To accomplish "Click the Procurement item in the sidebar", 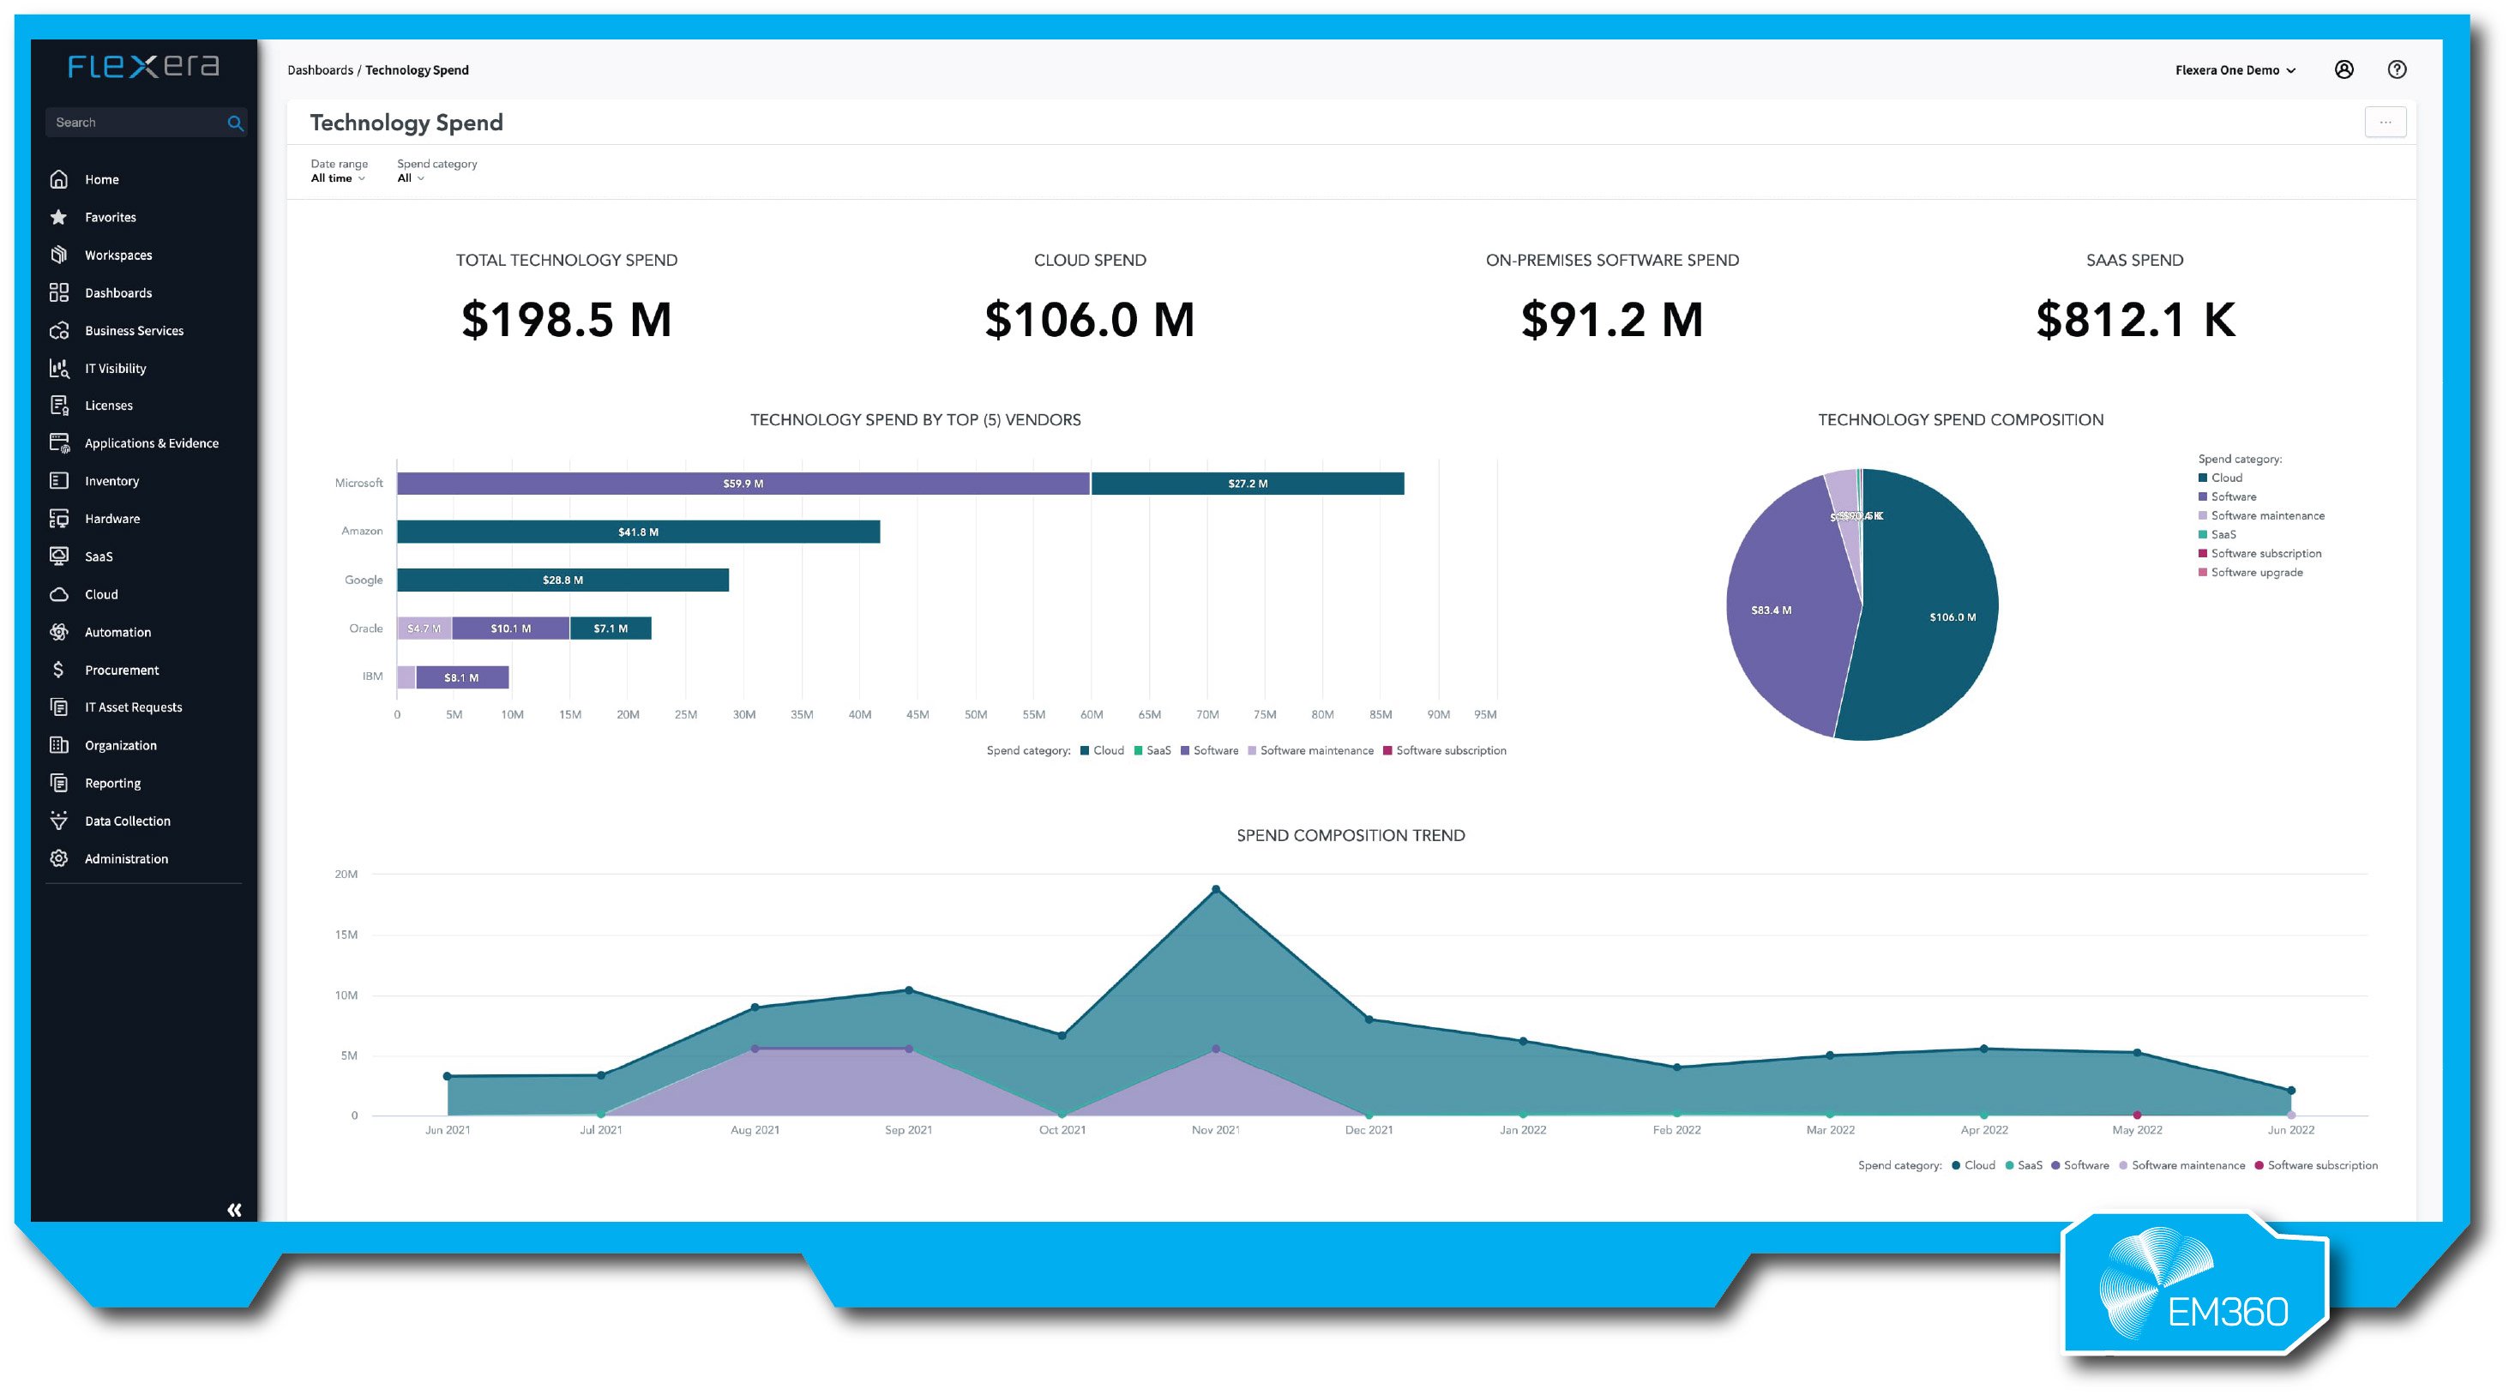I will pyautogui.click(x=121, y=670).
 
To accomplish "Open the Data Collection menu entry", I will pyautogui.click(x=127, y=821).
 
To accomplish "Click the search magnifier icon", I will pyautogui.click(x=235, y=123).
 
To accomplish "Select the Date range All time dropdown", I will pyautogui.click(x=337, y=178).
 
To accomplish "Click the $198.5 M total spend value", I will pyautogui.click(x=566, y=320).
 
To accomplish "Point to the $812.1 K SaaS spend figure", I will pyautogui.click(x=2135, y=320).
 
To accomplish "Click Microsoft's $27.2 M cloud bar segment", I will pyautogui.click(x=1247, y=484).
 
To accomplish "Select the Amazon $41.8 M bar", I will pyautogui.click(x=638, y=532).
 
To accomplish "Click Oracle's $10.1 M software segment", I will pyautogui.click(x=510, y=628).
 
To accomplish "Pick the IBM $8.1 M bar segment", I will pyautogui.click(x=461, y=677).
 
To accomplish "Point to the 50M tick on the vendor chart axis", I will pyautogui.click(x=975, y=715).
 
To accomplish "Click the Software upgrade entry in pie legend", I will pyautogui.click(x=2256, y=573).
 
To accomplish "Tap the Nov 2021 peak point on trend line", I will pyautogui.click(x=1216, y=889).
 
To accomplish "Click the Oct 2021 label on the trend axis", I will pyautogui.click(x=1062, y=1130).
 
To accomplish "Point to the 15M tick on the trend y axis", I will pyautogui.click(x=346, y=935).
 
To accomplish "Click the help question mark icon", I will pyautogui.click(x=2397, y=70).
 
